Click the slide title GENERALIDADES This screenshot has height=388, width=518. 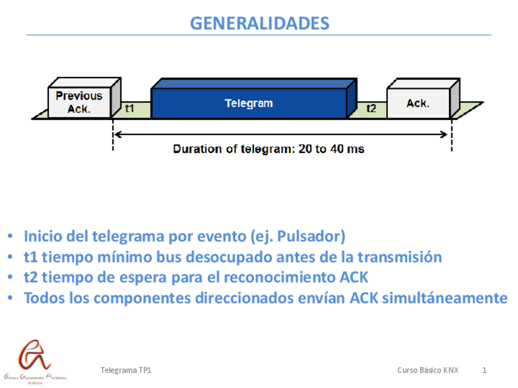[x=259, y=23]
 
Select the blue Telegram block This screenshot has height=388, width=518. [x=249, y=103]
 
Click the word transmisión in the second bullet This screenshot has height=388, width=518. [x=404, y=257]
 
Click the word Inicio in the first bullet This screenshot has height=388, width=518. [x=42, y=236]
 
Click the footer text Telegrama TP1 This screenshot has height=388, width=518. [x=125, y=370]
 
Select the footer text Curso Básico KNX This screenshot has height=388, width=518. [x=428, y=370]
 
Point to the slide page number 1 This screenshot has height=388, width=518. [x=484, y=370]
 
